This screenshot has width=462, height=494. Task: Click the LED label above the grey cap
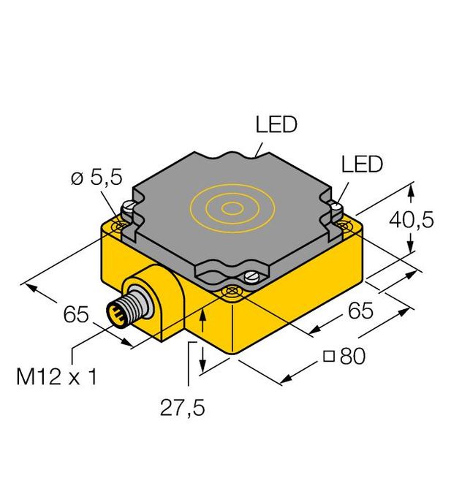[276, 125]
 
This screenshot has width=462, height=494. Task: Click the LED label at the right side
[362, 164]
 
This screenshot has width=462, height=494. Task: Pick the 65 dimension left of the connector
[75, 316]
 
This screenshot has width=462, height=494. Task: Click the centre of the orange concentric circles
[232, 208]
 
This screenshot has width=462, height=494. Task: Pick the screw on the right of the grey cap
[337, 209]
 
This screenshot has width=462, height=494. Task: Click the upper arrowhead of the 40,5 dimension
[412, 191]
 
